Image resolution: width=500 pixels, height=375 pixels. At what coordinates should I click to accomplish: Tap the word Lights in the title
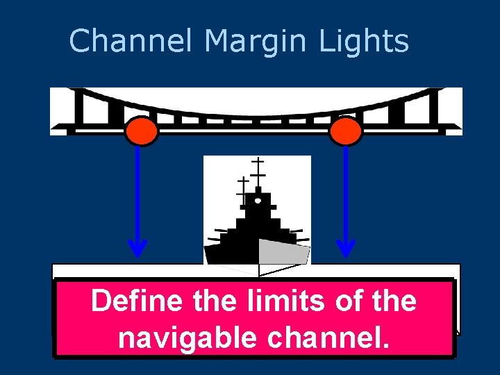tap(364, 41)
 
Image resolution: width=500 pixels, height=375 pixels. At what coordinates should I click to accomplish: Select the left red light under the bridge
tap(142, 131)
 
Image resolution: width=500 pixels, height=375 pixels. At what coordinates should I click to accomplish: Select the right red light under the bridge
tap(345, 131)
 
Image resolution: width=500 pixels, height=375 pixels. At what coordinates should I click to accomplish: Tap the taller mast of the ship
tap(258, 170)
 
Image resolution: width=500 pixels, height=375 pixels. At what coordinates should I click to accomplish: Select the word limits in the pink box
tap(270, 301)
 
